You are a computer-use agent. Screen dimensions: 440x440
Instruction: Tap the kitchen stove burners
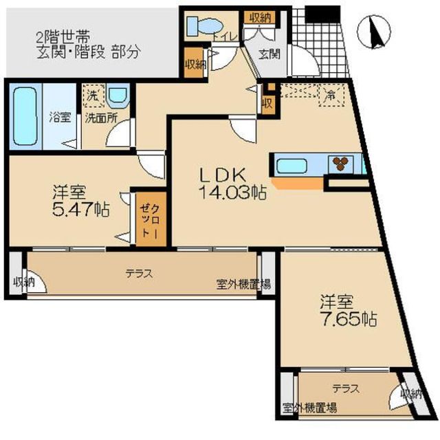tap(341, 164)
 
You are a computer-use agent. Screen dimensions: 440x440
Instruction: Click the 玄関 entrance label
tap(267, 54)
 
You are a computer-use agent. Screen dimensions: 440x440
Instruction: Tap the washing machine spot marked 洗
tap(90, 96)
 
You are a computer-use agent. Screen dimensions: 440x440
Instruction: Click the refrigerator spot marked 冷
tap(331, 94)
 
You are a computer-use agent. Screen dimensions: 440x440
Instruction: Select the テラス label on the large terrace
tap(139, 273)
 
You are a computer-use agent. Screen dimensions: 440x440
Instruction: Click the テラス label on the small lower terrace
tap(346, 388)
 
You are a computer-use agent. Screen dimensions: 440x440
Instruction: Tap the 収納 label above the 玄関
tap(259, 17)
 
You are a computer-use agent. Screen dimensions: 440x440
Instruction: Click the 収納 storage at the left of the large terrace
tap(21, 283)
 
